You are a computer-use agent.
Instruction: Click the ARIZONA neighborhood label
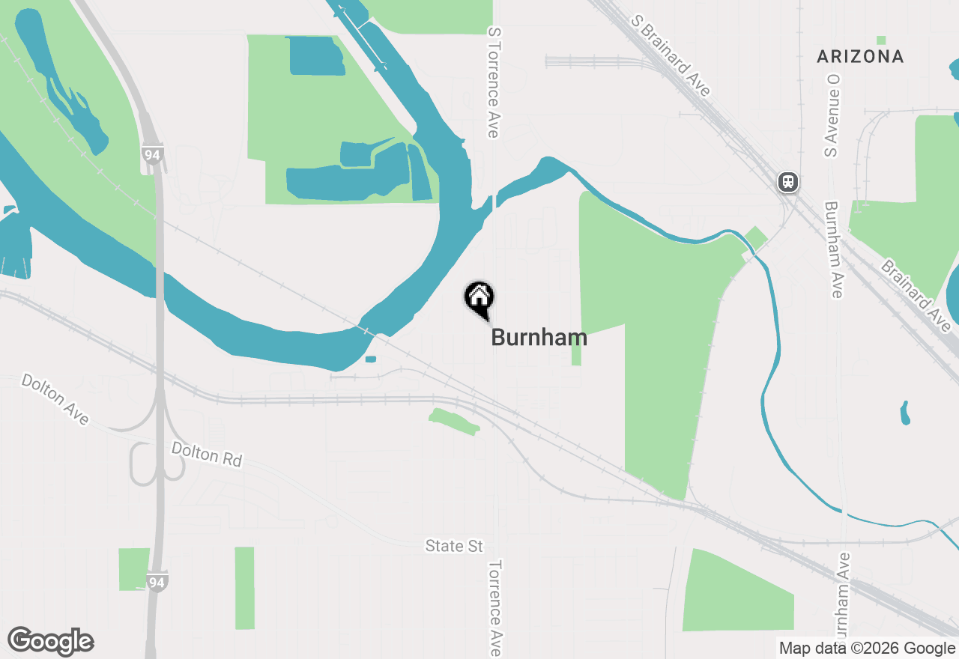pyautogui.click(x=860, y=56)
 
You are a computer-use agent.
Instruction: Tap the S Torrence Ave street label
pyautogui.click(x=493, y=82)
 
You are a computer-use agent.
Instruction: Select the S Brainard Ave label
pyautogui.click(x=671, y=55)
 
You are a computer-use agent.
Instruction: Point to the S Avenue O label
pyautogui.click(x=830, y=115)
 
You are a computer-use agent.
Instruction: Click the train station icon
pyautogui.click(x=787, y=182)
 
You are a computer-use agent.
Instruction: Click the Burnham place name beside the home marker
pyautogui.click(x=539, y=338)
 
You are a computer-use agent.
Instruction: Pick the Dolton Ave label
pyautogui.click(x=55, y=399)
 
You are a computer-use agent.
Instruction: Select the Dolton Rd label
pyautogui.click(x=207, y=455)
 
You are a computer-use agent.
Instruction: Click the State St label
pyautogui.click(x=454, y=546)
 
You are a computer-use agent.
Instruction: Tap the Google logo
pyautogui.click(x=51, y=642)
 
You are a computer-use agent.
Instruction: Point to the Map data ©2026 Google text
pyautogui.click(x=867, y=649)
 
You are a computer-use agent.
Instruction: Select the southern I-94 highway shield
pyautogui.click(x=157, y=581)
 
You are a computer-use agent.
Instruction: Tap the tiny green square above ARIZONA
pyautogui.click(x=881, y=40)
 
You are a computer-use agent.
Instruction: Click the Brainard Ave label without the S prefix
pyautogui.click(x=915, y=296)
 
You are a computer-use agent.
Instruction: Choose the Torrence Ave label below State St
pyautogui.click(x=494, y=608)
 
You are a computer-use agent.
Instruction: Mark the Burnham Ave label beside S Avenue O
pyautogui.click(x=834, y=249)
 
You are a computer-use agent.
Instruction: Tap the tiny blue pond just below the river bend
pyautogui.click(x=370, y=359)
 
